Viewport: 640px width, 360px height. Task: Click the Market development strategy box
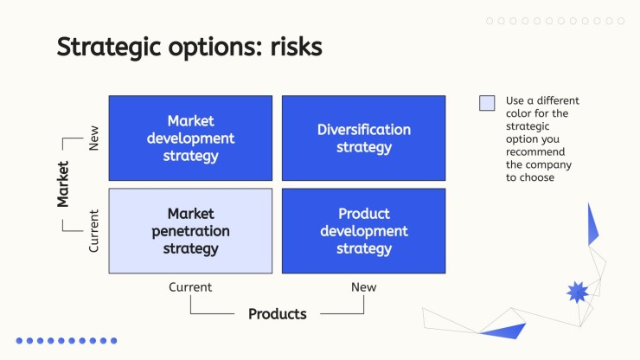click(x=190, y=138)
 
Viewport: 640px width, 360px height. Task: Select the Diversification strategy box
click(x=363, y=138)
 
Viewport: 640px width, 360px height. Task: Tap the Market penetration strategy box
click(x=190, y=231)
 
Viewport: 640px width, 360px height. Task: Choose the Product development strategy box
click(x=363, y=231)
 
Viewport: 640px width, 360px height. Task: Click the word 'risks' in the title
click(x=297, y=47)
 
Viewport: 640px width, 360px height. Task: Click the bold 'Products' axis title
click(x=278, y=314)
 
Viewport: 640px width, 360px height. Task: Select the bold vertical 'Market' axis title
click(x=63, y=184)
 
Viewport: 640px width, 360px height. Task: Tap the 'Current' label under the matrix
click(x=190, y=286)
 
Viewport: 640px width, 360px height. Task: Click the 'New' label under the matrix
click(x=363, y=286)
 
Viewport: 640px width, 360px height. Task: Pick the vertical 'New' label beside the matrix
click(x=94, y=138)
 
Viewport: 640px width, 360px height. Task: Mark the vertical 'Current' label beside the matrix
click(x=94, y=231)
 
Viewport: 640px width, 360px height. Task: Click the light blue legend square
click(x=487, y=103)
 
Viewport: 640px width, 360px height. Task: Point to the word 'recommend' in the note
click(x=535, y=152)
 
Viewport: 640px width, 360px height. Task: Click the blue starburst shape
click(x=577, y=292)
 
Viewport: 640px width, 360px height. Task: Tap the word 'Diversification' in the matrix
click(x=364, y=130)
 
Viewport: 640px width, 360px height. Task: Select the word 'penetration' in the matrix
click(x=190, y=232)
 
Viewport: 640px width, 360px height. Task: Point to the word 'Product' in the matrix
click(x=364, y=214)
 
